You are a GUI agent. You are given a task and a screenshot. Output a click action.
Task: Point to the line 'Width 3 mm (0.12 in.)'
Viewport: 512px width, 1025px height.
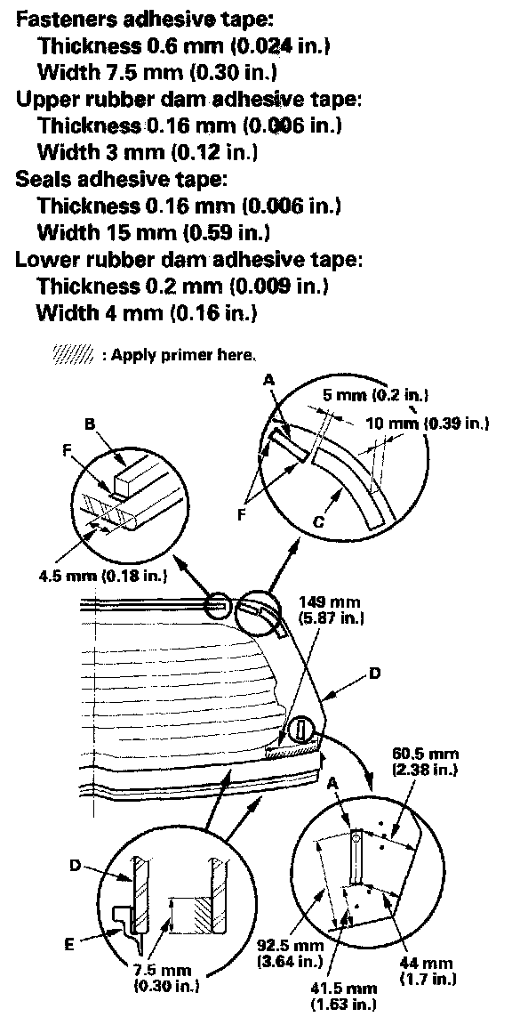pyautogui.click(x=147, y=151)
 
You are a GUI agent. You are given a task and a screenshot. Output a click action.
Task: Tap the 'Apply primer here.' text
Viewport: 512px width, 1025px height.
pyautogui.click(x=182, y=355)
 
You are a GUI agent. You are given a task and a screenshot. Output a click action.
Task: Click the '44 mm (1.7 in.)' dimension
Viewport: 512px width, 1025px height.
pyautogui.click(x=426, y=971)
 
